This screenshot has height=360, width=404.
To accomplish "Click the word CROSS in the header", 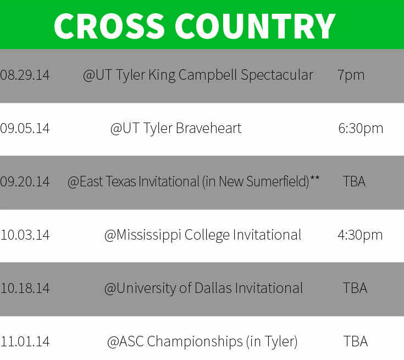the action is click(x=109, y=26).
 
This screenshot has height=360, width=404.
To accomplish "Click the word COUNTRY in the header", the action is click(x=255, y=26).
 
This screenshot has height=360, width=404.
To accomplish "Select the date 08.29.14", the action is click(x=25, y=75).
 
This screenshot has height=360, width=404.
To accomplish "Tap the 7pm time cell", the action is click(x=351, y=75).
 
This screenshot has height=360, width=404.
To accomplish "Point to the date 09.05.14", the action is click(x=25, y=128).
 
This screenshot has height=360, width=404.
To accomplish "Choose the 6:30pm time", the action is click(x=361, y=128).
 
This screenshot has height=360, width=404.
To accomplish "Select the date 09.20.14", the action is click(x=25, y=182).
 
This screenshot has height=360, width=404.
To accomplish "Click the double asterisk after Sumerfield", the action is click(x=315, y=178).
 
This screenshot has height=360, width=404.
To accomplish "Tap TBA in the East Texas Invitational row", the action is click(x=355, y=181).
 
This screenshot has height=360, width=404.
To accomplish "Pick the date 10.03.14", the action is click(x=25, y=235).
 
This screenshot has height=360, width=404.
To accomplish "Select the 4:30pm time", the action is click(x=360, y=235).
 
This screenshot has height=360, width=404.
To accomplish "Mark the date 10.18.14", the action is click(x=25, y=289).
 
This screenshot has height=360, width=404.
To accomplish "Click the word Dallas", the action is click(x=213, y=288).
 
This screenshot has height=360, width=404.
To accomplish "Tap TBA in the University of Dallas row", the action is click(x=355, y=288).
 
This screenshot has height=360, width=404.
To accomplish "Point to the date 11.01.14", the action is click(x=25, y=342).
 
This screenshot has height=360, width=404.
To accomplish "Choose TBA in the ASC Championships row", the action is click(x=356, y=342).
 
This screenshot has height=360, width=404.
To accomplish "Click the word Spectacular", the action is click(x=277, y=75).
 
